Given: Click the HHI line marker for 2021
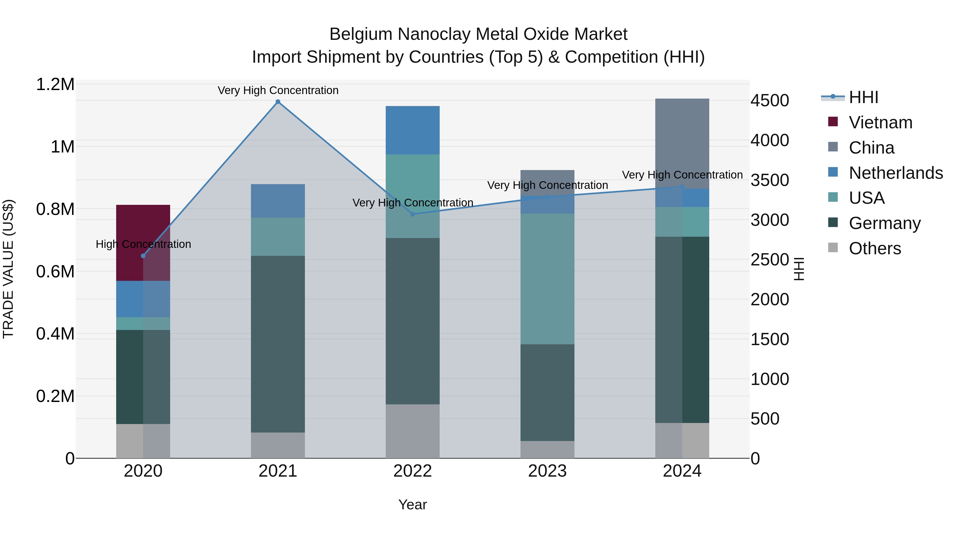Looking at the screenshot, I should coord(278,102).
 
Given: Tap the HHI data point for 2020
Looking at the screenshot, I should coord(143,256).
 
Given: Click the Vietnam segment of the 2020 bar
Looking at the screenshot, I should coord(143,238).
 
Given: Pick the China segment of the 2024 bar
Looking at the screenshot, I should coord(682,143).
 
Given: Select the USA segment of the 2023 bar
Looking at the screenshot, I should coord(547,278).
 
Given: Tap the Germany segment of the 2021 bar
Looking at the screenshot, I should coord(278,344).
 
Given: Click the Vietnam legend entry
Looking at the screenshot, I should coord(880,122).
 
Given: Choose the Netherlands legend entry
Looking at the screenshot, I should coord(896,173).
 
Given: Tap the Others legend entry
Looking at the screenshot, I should coord(875,248).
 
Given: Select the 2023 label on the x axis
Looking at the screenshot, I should coord(547,471).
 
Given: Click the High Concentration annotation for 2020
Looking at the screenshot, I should coord(143,244).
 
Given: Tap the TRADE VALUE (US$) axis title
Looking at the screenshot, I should coord(8,269).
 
